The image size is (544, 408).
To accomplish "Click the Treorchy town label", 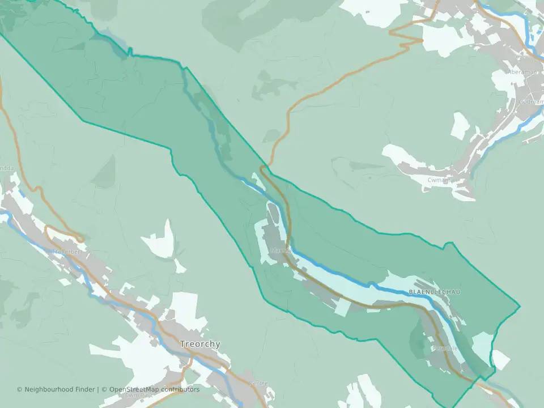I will pyautogui.click(x=200, y=344).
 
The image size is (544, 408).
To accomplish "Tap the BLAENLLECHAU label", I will pyautogui.click(x=434, y=292).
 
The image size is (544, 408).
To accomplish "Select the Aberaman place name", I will pyautogui.click(x=521, y=72).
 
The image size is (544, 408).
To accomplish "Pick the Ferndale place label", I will pyautogui.click(x=445, y=348).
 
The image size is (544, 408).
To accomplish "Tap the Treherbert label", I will pyautogui.click(x=67, y=251).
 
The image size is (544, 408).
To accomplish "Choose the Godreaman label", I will pyautogui.click(x=532, y=103).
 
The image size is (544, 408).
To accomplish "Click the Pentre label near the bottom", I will pyautogui.click(x=258, y=384).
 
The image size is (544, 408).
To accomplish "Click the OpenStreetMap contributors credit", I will pyautogui.click(x=154, y=389).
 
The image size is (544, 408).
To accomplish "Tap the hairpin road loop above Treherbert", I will pyautogui.click(x=57, y=233).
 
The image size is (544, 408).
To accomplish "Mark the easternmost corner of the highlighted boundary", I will pyautogui.click(x=520, y=307).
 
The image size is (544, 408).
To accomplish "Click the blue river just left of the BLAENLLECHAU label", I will pyautogui.click(x=391, y=290).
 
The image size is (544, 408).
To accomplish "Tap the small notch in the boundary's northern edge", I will pyautogui.click(x=130, y=52).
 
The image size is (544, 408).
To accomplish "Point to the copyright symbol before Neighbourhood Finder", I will pyautogui.click(x=20, y=389).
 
